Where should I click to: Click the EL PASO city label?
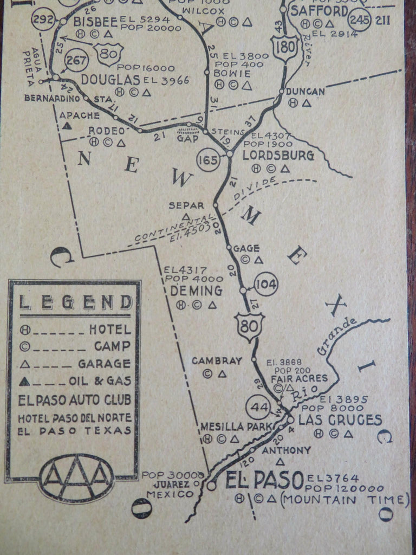pyautogui.click(x=264, y=480)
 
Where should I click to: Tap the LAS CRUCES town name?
pyautogui.click(x=340, y=420)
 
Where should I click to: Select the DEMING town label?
pyautogui.click(x=196, y=291)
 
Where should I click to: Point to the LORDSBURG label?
pyautogui.click(x=278, y=156)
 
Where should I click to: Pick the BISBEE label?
pyautogui.click(x=95, y=21)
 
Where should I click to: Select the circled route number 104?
pyautogui.click(x=265, y=283)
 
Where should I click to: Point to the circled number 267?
pyautogui.click(x=76, y=60)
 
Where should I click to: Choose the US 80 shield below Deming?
pyautogui.click(x=249, y=326)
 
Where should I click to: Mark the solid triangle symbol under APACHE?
pyautogui.click(x=67, y=126)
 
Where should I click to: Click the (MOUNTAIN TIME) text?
pyautogui.click(x=344, y=499)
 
